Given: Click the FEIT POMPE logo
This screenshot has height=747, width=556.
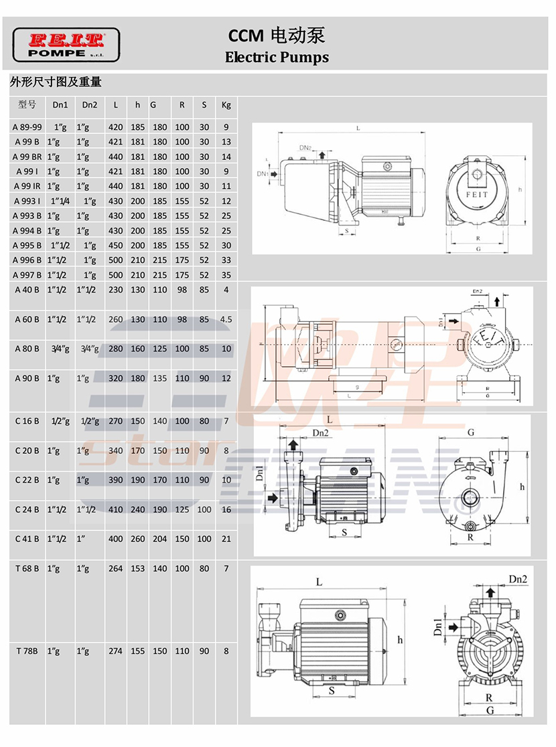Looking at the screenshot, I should tap(66, 45).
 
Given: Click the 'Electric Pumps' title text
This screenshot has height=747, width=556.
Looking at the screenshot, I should tap(277, 57).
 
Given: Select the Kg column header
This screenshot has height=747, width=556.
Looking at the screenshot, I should tap(226, 105).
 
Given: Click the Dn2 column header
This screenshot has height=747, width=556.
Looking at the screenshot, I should tap(90, 105).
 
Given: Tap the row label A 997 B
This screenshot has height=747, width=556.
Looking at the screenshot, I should tap(27, 275).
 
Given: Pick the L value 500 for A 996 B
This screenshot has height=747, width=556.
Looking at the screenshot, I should tap(116, 260).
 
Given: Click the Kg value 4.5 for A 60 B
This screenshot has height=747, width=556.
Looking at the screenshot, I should tap(226, 319).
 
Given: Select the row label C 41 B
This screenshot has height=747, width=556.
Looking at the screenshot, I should tap(27, 539).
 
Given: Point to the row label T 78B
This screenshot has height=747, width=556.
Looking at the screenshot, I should tap(27, 651).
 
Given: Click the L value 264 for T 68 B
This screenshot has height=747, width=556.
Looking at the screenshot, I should tap(116, 568).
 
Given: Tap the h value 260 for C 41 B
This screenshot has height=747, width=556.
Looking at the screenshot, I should tap(138, 539).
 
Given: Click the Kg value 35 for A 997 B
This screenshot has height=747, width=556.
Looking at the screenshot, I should tap(226, 275).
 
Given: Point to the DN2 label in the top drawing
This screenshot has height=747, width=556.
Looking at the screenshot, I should tap(305, 147).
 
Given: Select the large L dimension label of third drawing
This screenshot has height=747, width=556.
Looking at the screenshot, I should tap(330, 419).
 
